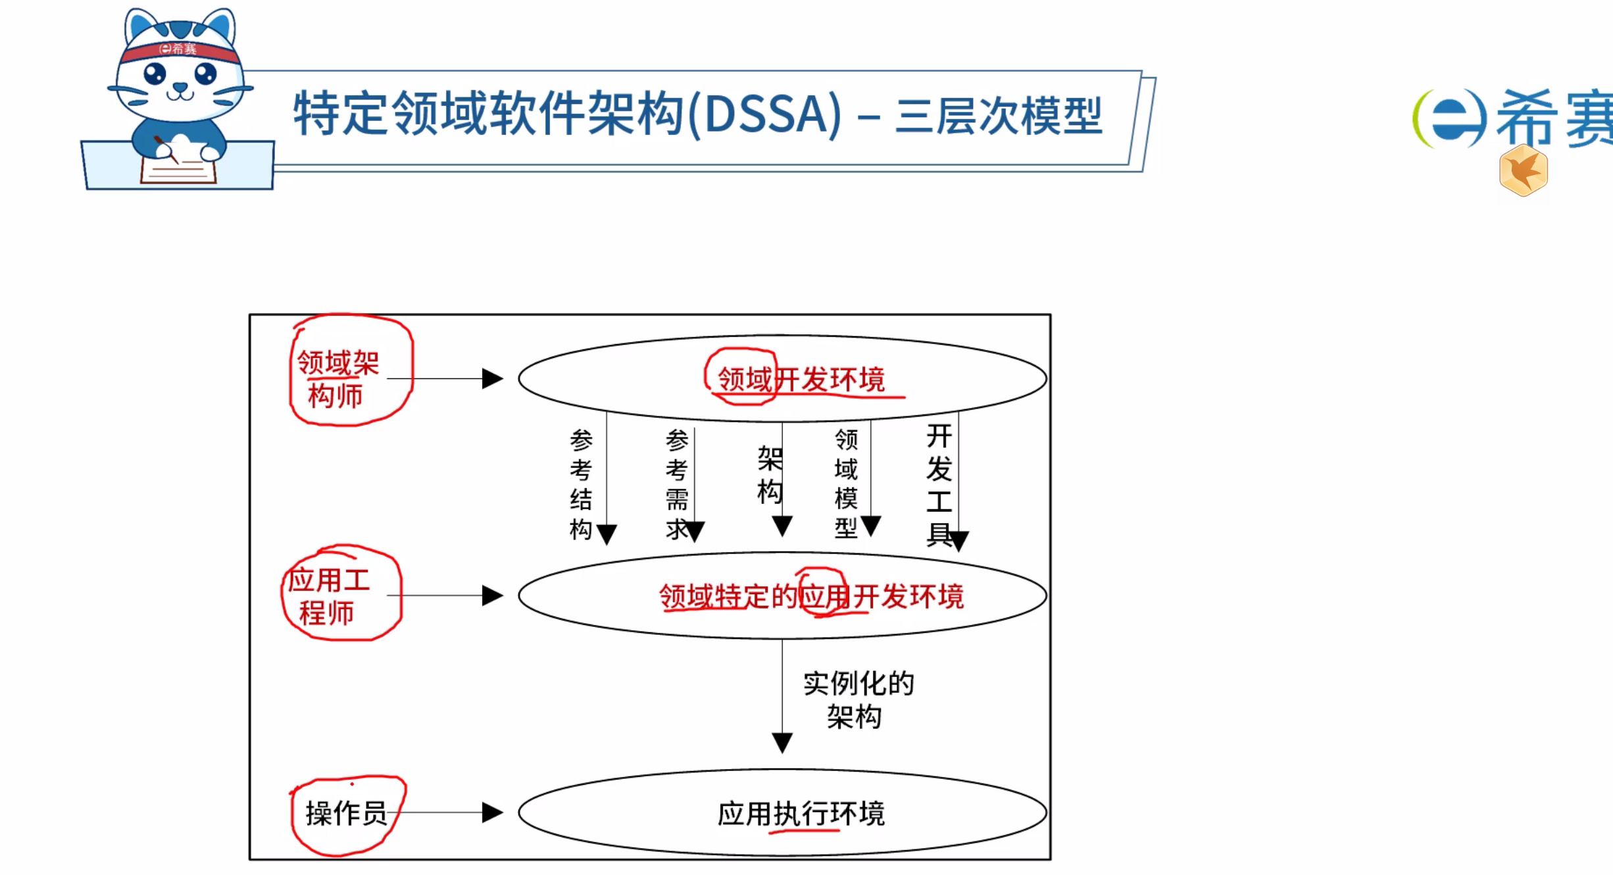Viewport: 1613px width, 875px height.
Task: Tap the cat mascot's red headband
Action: point(179,51)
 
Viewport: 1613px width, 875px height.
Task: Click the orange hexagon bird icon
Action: point(1523,171)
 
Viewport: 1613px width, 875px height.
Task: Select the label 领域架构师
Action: point(337,379)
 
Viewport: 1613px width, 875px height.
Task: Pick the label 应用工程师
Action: point(328,596)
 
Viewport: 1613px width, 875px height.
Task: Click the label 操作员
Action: point(346,813)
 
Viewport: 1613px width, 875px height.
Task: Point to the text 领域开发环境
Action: point(801,380)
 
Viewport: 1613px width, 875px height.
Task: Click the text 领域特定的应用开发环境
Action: point(811,596)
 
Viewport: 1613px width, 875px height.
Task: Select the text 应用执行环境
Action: point(801,814)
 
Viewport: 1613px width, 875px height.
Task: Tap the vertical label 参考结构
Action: point(581,484)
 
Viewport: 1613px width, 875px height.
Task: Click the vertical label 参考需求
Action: point(677,484)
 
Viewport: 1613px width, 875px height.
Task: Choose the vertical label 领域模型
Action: point(846,484)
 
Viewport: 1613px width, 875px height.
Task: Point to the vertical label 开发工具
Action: point(939,486)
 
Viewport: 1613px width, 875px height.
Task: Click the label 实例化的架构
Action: point(858,700)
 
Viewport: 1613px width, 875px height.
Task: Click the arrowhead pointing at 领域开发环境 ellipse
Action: point(492,378)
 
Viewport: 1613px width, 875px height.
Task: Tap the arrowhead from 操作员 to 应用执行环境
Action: point(492,813)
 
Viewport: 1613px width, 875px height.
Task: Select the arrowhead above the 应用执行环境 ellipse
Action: point(782,743)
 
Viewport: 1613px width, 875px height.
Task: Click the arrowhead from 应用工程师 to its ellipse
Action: point(492,595)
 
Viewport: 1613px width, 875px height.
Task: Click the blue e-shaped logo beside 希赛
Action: point(1450,118)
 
